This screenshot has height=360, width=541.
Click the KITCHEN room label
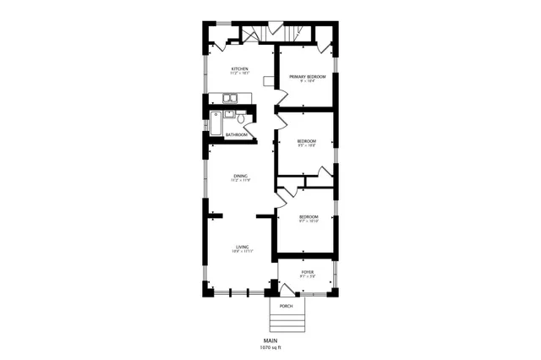240,68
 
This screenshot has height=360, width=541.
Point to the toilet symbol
242,119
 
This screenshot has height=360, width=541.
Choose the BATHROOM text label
237,134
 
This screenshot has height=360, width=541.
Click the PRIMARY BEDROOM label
307,76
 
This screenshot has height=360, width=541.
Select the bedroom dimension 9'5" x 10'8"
307,145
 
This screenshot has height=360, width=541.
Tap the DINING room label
240,175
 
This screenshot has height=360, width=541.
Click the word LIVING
241,246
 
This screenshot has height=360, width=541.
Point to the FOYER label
307,272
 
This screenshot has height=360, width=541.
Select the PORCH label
287,305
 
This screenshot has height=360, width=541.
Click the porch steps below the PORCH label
287,322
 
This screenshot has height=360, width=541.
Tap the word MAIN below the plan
270,340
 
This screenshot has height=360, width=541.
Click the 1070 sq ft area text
270,346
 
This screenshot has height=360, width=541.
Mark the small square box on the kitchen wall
268,82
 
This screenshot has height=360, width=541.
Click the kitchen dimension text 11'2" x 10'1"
240,74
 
